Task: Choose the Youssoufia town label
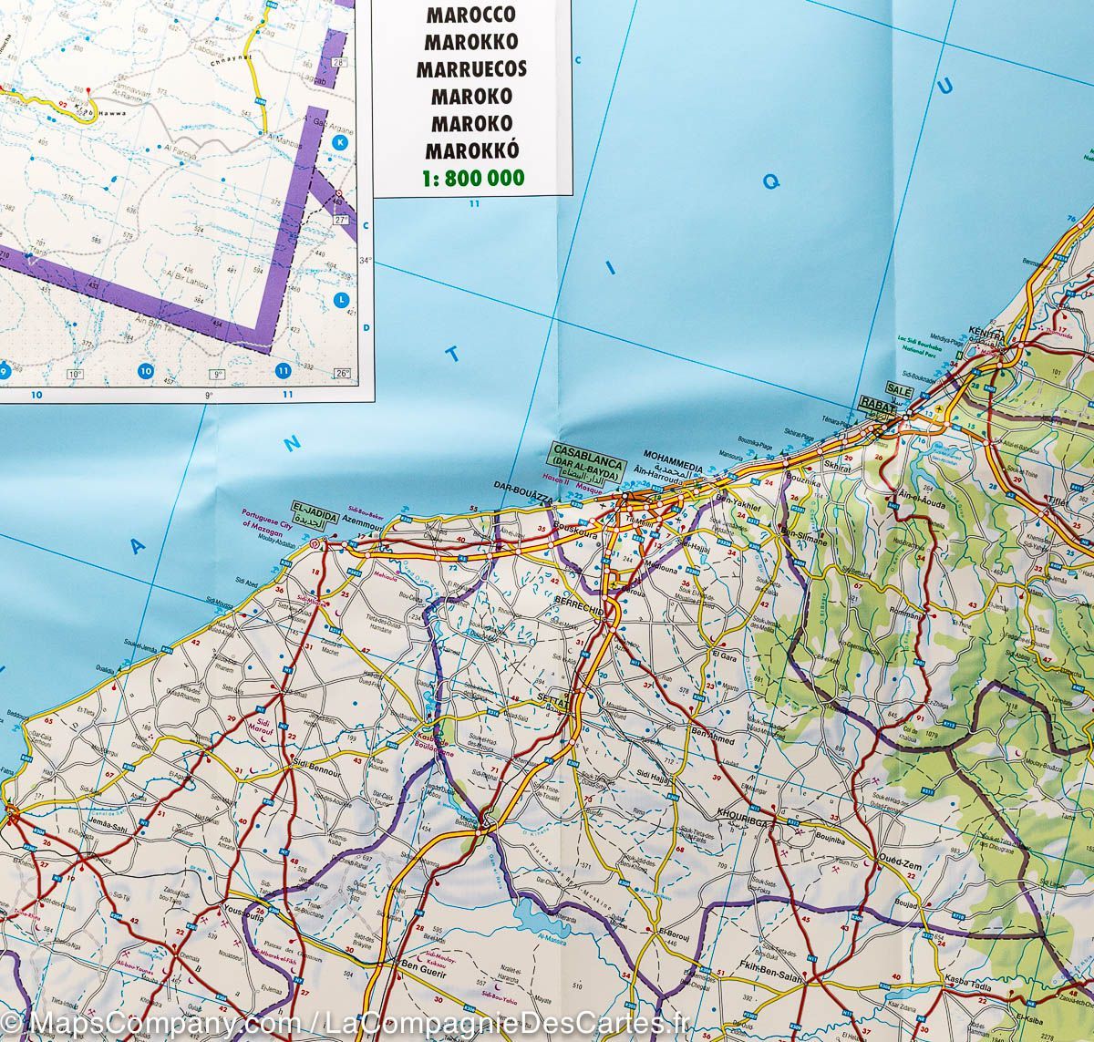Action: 238,908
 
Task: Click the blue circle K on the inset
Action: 341,143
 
